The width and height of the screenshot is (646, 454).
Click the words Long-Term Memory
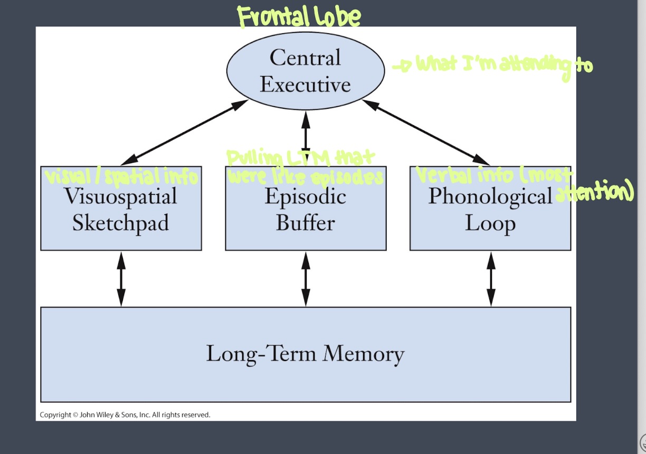[305, 353]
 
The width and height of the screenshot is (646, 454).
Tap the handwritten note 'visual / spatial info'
[121, 176]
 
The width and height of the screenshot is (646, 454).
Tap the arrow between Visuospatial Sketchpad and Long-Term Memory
[121, 279]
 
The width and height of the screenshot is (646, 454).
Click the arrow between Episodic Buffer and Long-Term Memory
[306, 279]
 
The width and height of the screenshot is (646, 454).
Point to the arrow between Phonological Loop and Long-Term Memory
[490, 279]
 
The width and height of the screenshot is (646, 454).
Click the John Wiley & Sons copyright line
[125, 415]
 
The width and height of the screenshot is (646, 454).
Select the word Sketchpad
[121, 223]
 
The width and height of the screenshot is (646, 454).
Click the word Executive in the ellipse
[305, 84]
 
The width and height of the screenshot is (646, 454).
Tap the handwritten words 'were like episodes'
[305, 177]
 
